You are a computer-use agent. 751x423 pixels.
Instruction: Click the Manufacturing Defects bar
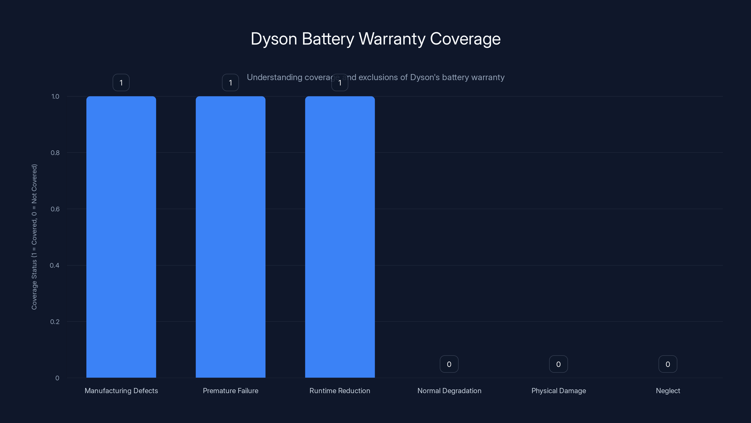click(121, 237)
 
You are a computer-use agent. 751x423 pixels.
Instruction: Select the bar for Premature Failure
click(230, 237)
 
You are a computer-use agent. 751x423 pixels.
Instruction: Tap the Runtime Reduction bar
click(340, 237)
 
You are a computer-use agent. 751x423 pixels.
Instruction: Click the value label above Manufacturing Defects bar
click(121, 83)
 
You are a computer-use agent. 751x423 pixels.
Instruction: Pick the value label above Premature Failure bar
click(230, 83)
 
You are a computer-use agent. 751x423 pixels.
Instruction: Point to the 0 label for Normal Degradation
click(449, 364)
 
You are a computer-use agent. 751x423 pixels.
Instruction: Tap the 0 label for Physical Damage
click(558, 364)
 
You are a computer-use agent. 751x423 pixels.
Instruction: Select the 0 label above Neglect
click(668, 364)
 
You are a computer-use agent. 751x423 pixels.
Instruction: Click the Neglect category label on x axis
click(668, 391)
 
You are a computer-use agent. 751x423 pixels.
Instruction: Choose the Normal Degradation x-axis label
click(449, 391)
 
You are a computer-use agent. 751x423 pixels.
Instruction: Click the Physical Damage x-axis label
click(559, 391)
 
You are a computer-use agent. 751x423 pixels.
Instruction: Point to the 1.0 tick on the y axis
click(55, 96)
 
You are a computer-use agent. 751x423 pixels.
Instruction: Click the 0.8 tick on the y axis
click(55, 153)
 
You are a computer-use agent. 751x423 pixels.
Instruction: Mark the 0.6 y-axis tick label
click(55, 209)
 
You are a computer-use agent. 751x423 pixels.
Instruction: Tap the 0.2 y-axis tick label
click(55, 322)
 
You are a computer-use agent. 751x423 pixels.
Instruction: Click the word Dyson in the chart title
click(274, 39)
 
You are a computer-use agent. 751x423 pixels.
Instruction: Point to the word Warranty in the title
click(392, 39)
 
